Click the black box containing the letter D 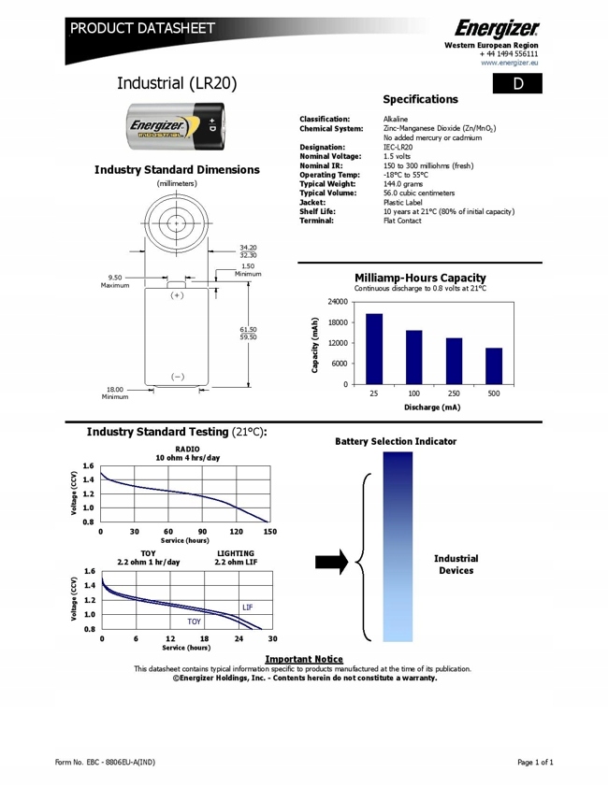tap(517, 84)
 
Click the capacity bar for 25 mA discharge tap(374, 349)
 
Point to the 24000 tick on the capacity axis tap(337, 303)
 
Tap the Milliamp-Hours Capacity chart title tap(421, 278)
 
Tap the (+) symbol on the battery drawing tap(176, 295)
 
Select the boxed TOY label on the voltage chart tap(194, 621)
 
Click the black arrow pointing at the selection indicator tap(332, 561)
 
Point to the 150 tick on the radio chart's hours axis tap(269, 531)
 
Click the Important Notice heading tap(303, 658)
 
